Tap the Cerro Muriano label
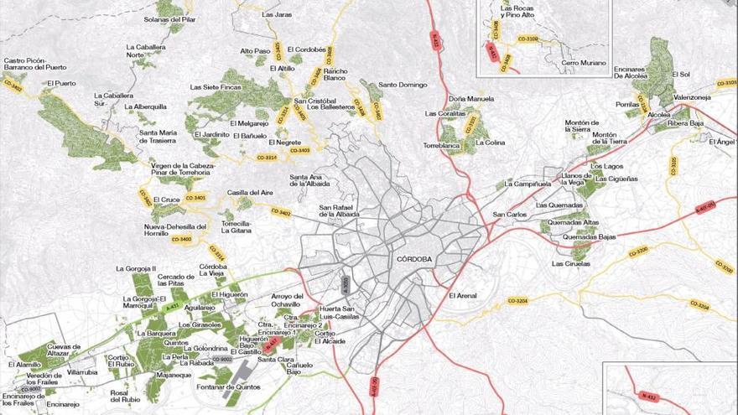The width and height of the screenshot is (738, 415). pos(583,63)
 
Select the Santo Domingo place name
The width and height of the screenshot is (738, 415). pos(403,85)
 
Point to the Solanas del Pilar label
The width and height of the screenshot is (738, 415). pos(169,18)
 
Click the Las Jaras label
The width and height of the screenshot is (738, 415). pos(276,14)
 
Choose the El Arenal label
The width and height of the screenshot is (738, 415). pos(463,295)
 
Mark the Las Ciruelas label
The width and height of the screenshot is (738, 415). pos(570,264)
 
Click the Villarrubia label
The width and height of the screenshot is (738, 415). pos(83,371)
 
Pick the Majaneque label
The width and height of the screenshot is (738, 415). pos(174,375)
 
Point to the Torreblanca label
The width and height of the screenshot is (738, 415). pos(441,145)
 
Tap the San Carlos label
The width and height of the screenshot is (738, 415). pos(510,214)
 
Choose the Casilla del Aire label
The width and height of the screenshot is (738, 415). pos(250,193)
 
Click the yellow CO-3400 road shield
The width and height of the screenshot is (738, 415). pos(181,240)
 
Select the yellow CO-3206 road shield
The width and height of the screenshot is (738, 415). pos(638,252)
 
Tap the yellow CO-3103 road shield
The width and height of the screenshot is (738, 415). pos(725,83)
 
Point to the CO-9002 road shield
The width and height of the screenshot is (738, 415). pos(222,359)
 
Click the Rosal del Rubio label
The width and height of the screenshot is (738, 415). pos(124,396)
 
